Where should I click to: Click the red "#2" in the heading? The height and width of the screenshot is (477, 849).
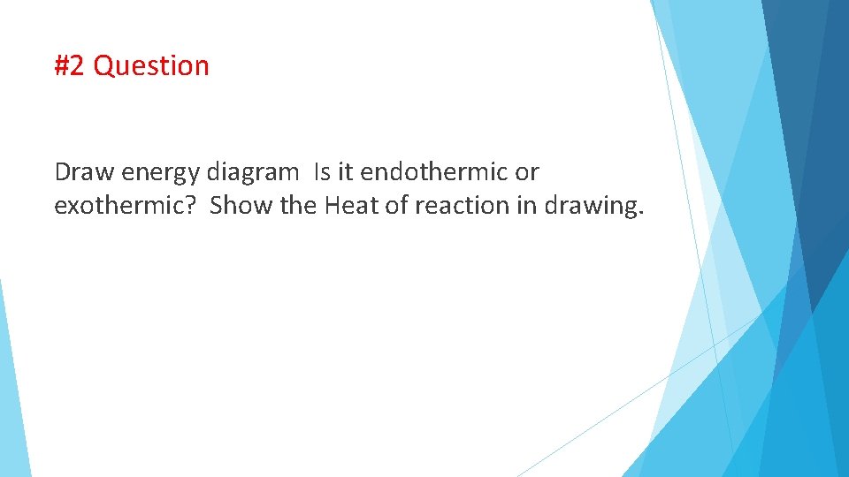click(x=70, y=66)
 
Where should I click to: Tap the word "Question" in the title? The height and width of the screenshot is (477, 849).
click(x=151, y=66)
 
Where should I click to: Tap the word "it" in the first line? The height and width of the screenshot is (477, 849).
click(x=340, y=171)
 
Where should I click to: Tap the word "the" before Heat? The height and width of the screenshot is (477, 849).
click(x=298, y=206)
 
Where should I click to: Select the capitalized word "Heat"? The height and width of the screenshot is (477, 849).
click(x=348, y=206)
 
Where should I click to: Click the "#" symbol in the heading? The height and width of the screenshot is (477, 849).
click(x=62, y=66)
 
